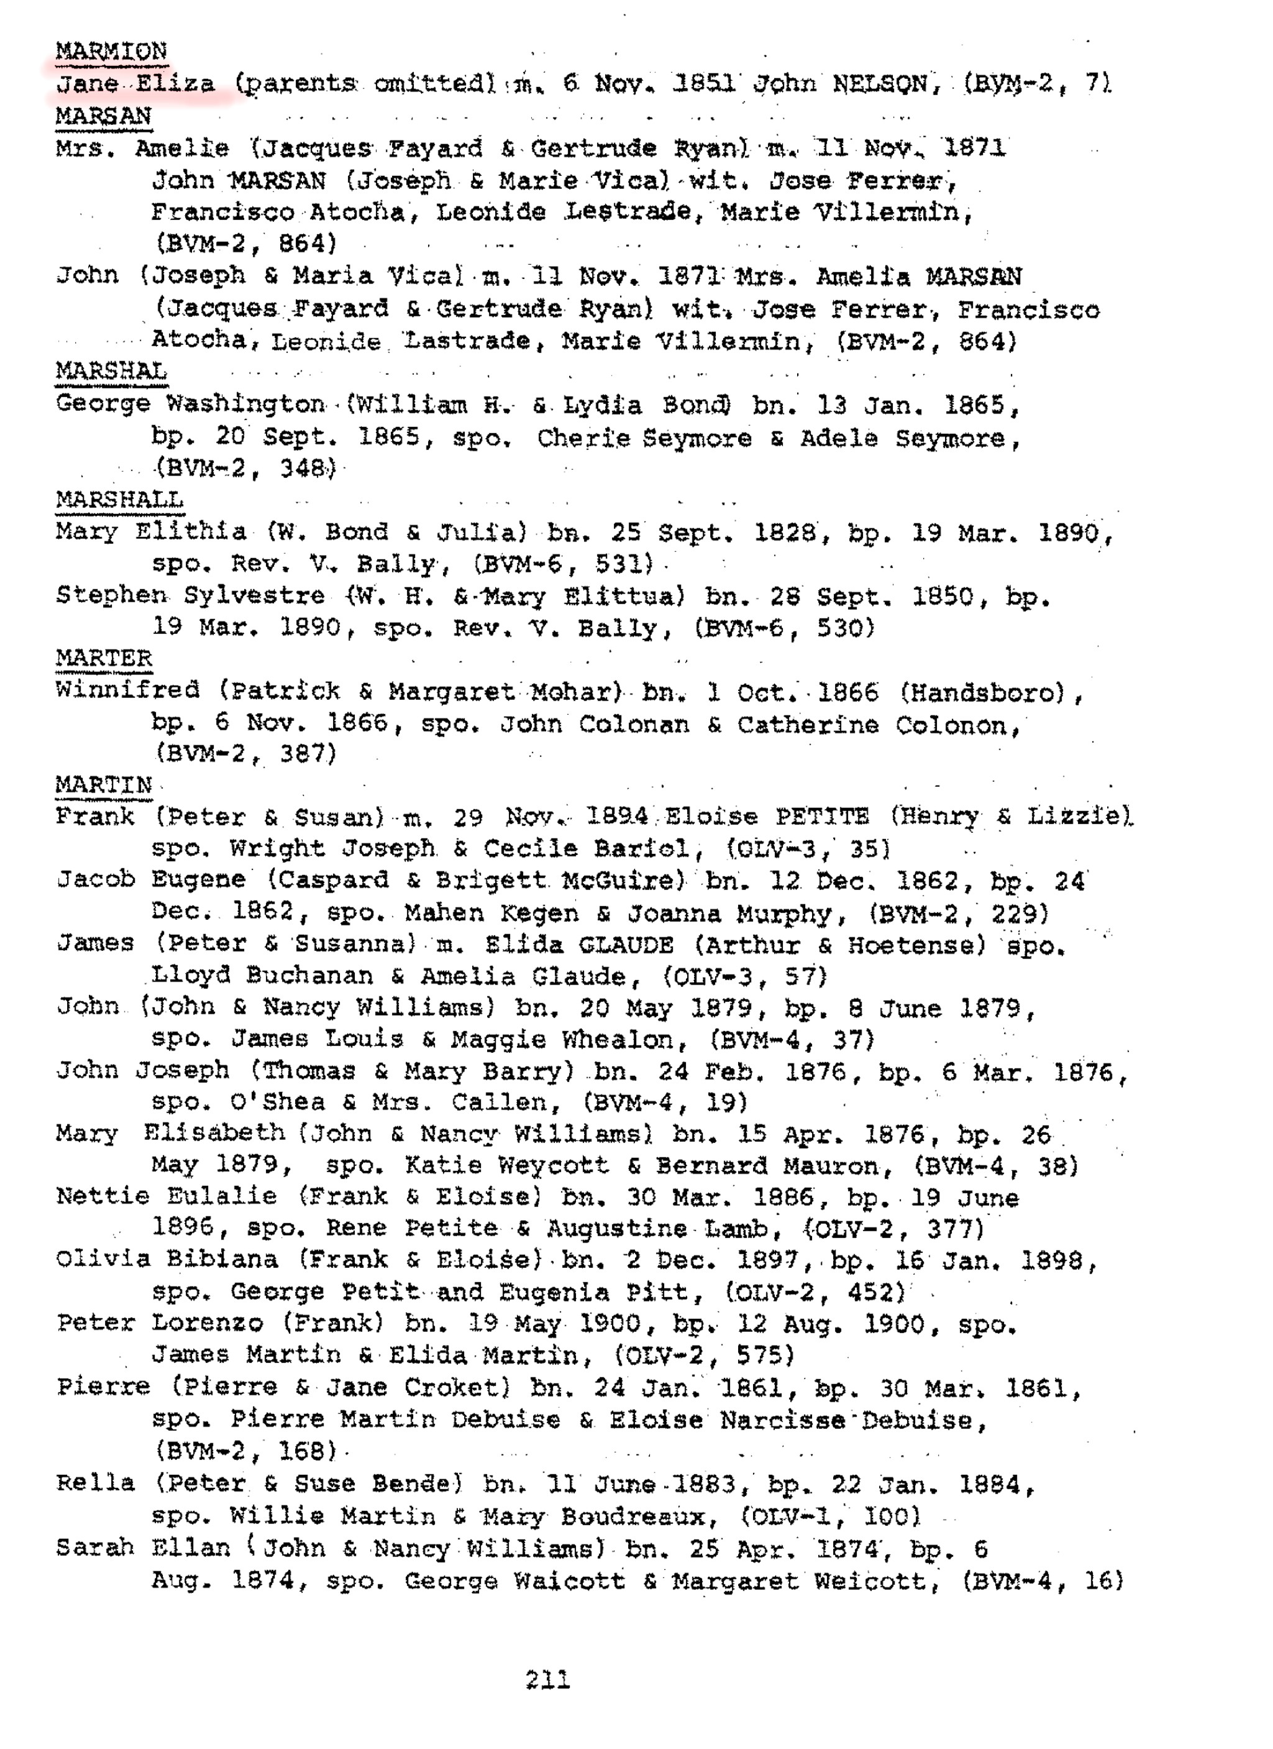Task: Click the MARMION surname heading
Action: tap(111, 52)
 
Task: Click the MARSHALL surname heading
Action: tap(119, 500)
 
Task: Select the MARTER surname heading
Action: tap(104, 658)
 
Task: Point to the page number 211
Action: tap(547, 1679)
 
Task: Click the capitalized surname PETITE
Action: tap(822, 817)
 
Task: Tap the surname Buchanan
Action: tap(310, 976)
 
